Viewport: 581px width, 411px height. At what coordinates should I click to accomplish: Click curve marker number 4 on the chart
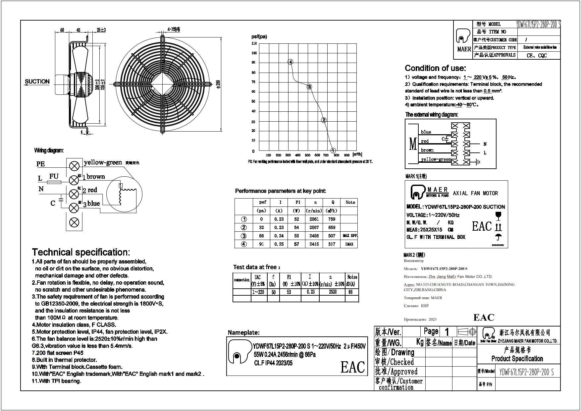pos(290,62)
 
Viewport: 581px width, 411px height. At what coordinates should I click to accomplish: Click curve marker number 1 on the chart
pos(333,150)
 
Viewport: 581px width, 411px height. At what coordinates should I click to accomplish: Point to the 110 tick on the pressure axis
pos(254,43)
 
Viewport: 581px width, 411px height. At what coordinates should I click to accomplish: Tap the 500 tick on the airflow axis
pos(308,155)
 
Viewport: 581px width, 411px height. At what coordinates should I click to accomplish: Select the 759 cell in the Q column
pos(332,219)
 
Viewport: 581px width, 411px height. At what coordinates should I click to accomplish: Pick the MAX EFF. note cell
pos(350,236)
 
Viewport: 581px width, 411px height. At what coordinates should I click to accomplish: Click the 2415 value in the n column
pos(314,244)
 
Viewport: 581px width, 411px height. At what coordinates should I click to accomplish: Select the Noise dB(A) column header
pos(352,280)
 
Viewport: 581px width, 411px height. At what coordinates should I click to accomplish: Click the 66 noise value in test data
pos(351,292)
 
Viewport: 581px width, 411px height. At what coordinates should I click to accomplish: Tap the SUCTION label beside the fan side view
pos(37,82)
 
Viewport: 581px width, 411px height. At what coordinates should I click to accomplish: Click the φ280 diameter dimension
pos(218,85)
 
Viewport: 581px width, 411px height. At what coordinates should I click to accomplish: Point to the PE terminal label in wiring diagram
pos(40,164)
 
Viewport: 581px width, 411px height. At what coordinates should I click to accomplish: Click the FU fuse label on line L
pos(54,176)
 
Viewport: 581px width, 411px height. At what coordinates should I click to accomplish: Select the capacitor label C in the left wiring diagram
pos(53,203)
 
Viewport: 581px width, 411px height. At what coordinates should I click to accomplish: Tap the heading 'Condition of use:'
pos(435,68)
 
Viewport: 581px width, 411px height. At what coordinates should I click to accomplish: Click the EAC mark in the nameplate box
pos(352,367)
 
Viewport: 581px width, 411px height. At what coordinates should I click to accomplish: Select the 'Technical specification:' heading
pos(81,252)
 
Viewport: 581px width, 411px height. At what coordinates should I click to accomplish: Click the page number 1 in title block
pos(447,331)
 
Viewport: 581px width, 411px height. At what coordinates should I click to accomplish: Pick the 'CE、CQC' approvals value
pos(537,56)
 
